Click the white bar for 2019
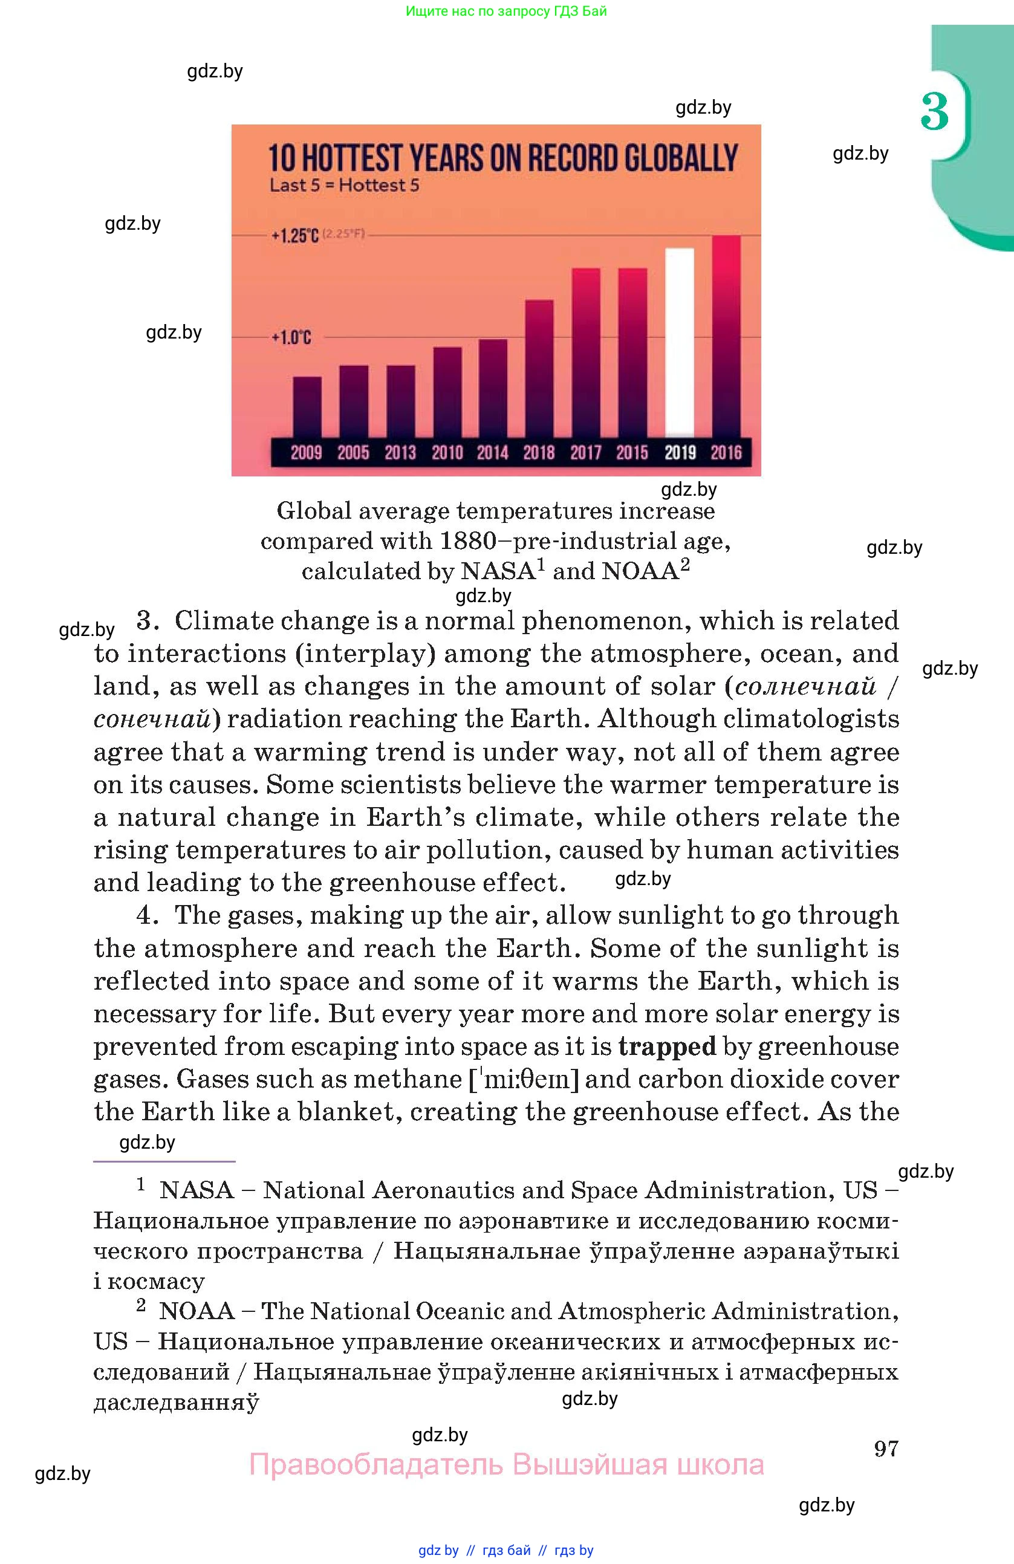click(680, 342)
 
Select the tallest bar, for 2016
click(726, 335)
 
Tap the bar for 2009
click(307, 406)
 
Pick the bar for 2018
click(539, 368)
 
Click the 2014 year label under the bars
click(493, 452)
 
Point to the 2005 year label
click(354, 452)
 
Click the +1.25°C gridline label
click(295, 235)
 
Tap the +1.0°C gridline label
click(291, 338)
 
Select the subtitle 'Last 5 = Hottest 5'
click(345, 186)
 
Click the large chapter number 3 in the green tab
click(934, 112)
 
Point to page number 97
click(886, 1449)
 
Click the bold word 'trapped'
click(667, 1046)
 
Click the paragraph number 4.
click(146, 915)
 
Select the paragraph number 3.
click(146, 620)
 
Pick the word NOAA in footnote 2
click(197, 1311)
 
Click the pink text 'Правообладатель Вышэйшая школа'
click(506, 1465)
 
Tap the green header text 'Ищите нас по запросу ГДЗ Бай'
click(506, 10)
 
